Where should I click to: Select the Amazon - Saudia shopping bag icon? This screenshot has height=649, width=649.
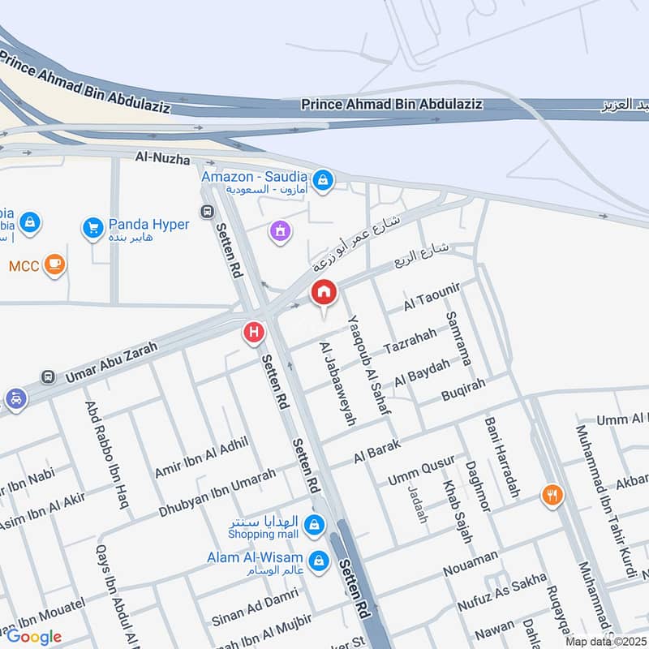[323, 180]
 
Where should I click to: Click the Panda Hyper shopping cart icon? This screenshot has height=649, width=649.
[92, 228]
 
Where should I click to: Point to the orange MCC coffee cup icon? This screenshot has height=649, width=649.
[54, 264]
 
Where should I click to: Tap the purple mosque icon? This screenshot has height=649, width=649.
[280, 232]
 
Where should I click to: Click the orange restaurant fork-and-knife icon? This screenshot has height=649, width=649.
[552, 495]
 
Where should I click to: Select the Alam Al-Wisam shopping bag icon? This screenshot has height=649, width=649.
[319, 561]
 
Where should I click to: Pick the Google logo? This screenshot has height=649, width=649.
[34, 637]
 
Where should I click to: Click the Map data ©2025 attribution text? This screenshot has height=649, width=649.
[604, 641]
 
